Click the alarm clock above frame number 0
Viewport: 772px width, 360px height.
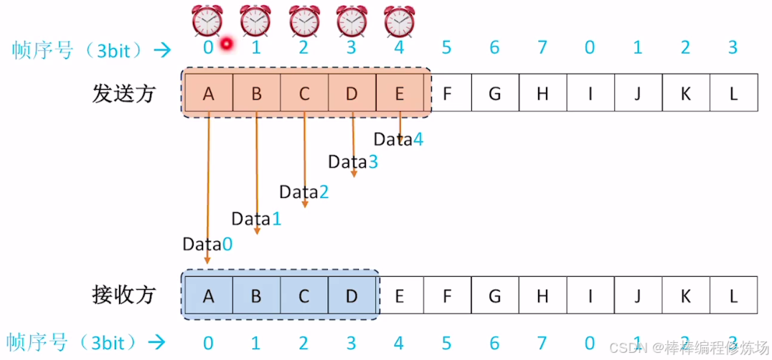pos(207,21)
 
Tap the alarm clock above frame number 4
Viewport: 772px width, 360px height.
pos(399,21)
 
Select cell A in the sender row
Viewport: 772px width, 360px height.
pos(209,93)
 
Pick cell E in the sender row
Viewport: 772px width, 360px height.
pos(400,93)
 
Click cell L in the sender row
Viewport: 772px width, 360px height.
pos(733,93)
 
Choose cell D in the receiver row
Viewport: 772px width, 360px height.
pos(352,295)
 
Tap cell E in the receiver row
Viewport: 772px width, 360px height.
pos(400,295)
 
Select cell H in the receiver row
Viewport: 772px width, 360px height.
pos(542,295)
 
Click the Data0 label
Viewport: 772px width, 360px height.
pos(207,244)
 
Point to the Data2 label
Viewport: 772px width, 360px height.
pos(303,192)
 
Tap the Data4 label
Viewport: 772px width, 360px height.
pos(398,140)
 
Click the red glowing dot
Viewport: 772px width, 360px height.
pos(227,44)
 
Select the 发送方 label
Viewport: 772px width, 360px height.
pos(124,94)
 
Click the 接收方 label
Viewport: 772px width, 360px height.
pos(124,295)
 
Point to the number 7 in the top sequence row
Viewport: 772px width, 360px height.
pos(542,48)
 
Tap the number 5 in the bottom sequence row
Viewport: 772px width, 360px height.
pos(447,343)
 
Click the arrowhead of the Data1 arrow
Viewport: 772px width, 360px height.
pos(257,231)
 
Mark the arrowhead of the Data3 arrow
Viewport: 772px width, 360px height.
pos(353,174)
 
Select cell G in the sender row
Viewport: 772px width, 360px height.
pos(494,93)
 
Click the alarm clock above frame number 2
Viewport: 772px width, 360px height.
pos(303,21)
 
